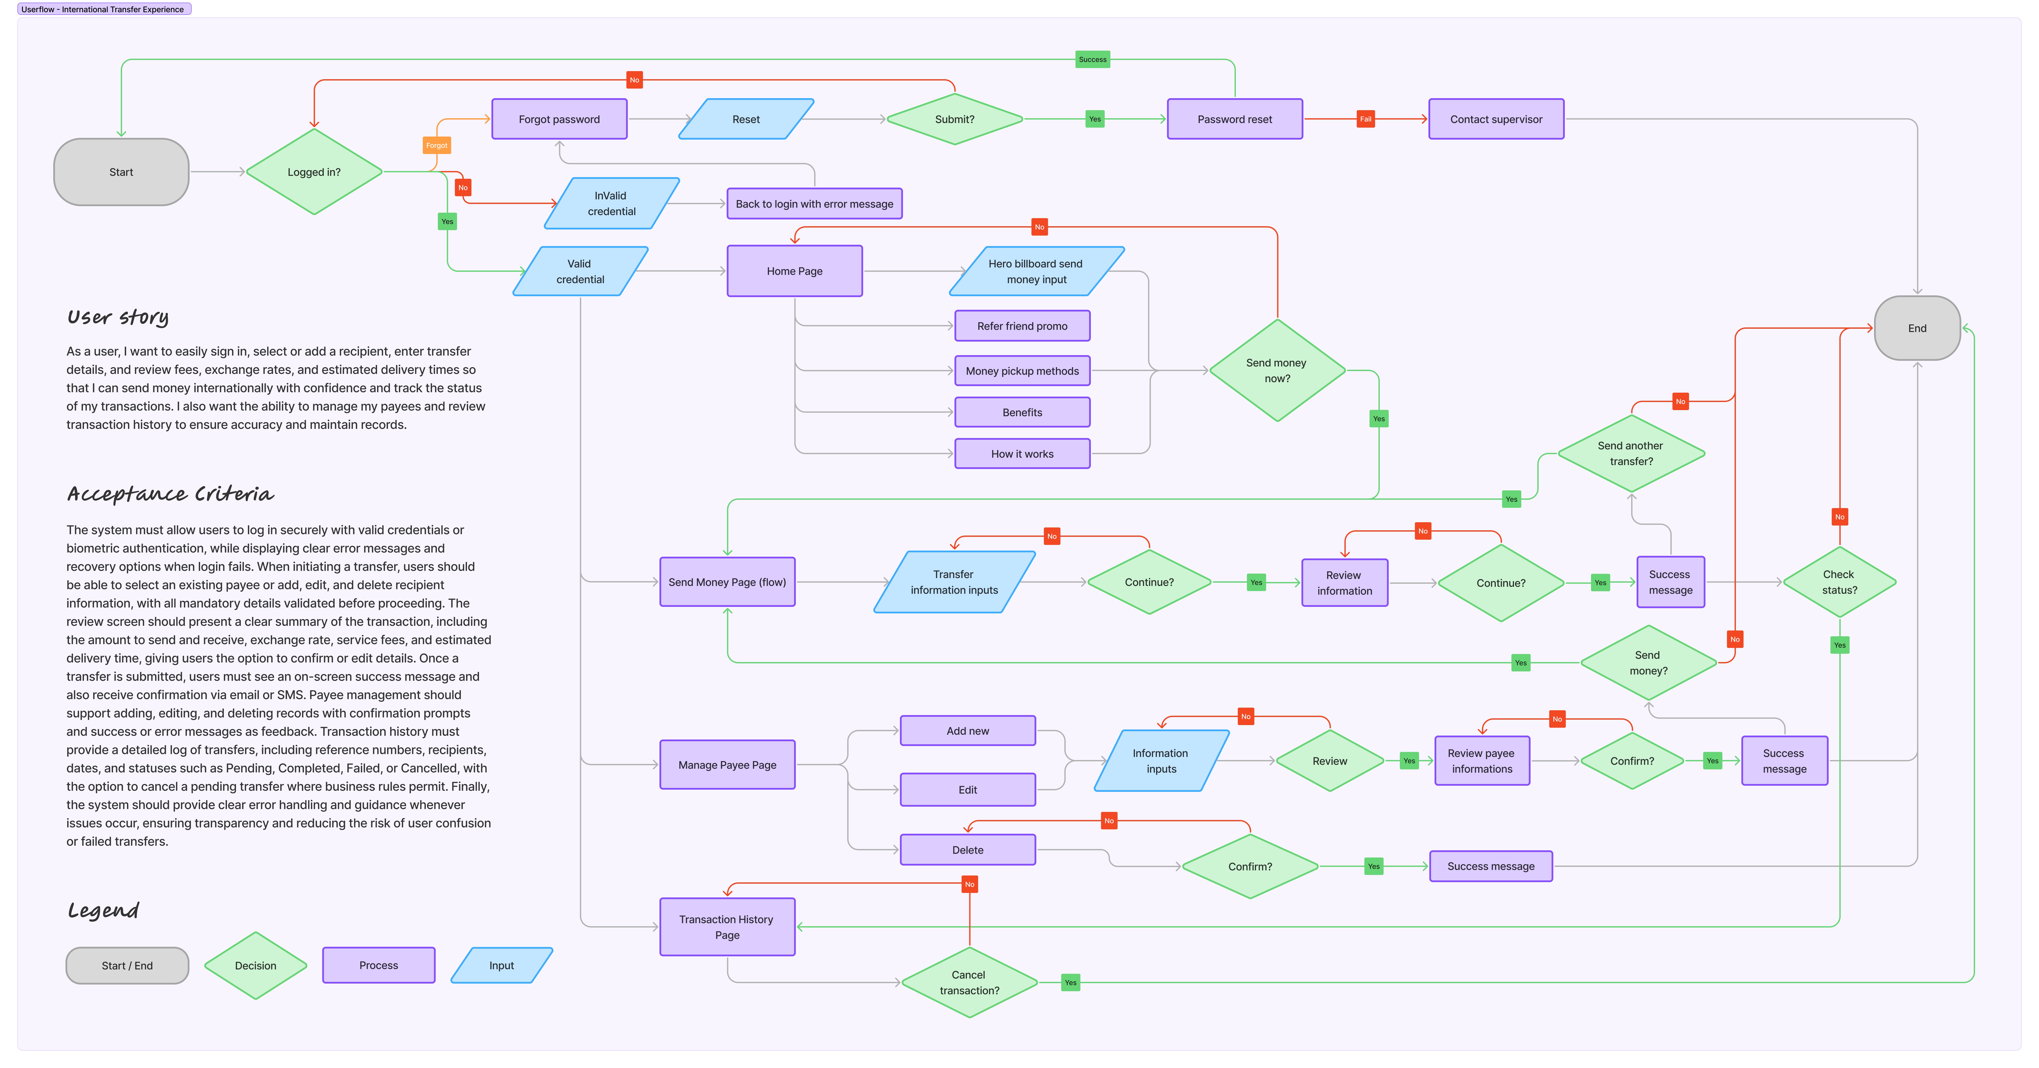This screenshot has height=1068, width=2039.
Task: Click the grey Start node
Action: (121, 172)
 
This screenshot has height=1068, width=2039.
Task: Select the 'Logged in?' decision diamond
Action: (314, 172)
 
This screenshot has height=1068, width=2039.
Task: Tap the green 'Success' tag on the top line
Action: (1092, 59)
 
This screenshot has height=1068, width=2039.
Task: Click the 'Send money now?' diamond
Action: (1277, 370)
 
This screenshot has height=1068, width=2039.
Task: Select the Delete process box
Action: (967, 850)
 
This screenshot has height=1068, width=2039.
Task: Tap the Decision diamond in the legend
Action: (256, 965)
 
